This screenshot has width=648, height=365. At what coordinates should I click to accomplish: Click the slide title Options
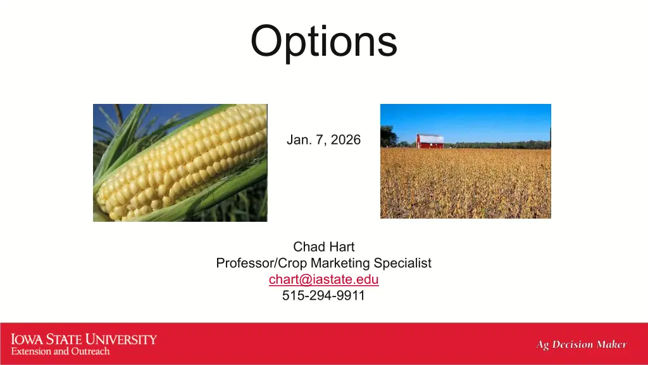pos(323,41)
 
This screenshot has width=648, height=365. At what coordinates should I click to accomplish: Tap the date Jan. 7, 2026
pos(323,140)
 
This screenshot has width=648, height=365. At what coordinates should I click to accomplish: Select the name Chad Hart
pos(323,247)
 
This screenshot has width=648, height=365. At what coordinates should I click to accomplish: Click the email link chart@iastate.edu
pos(323,279)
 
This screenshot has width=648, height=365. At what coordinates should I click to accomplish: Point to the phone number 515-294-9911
pos(323,295)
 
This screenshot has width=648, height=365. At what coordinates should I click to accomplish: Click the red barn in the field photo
pos(430,141)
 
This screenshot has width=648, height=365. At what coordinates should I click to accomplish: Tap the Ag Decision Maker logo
pos(582,344)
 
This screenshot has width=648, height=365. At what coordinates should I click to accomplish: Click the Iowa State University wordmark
pos(84,340)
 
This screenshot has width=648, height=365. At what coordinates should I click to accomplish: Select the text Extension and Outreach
pos(60,351)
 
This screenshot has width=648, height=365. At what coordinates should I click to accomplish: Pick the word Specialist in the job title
pos(402,263)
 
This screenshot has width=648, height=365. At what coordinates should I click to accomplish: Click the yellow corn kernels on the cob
pos(182,162)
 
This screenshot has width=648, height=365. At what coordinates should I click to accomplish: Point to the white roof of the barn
pos(432,138)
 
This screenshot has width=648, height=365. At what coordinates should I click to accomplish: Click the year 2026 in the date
pos(346,140)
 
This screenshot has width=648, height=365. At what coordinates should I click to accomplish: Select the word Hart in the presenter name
pos(340,247)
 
